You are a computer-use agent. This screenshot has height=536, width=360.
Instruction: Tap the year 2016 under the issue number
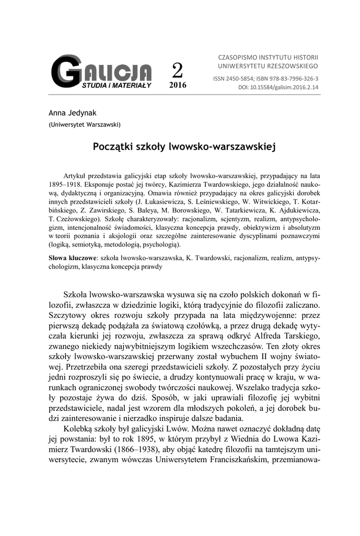(x=178, y=84)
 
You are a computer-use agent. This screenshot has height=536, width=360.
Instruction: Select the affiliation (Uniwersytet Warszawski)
(x=85, y=125)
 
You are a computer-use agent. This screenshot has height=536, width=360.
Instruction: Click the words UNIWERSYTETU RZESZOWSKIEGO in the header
(x=268, y=66)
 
